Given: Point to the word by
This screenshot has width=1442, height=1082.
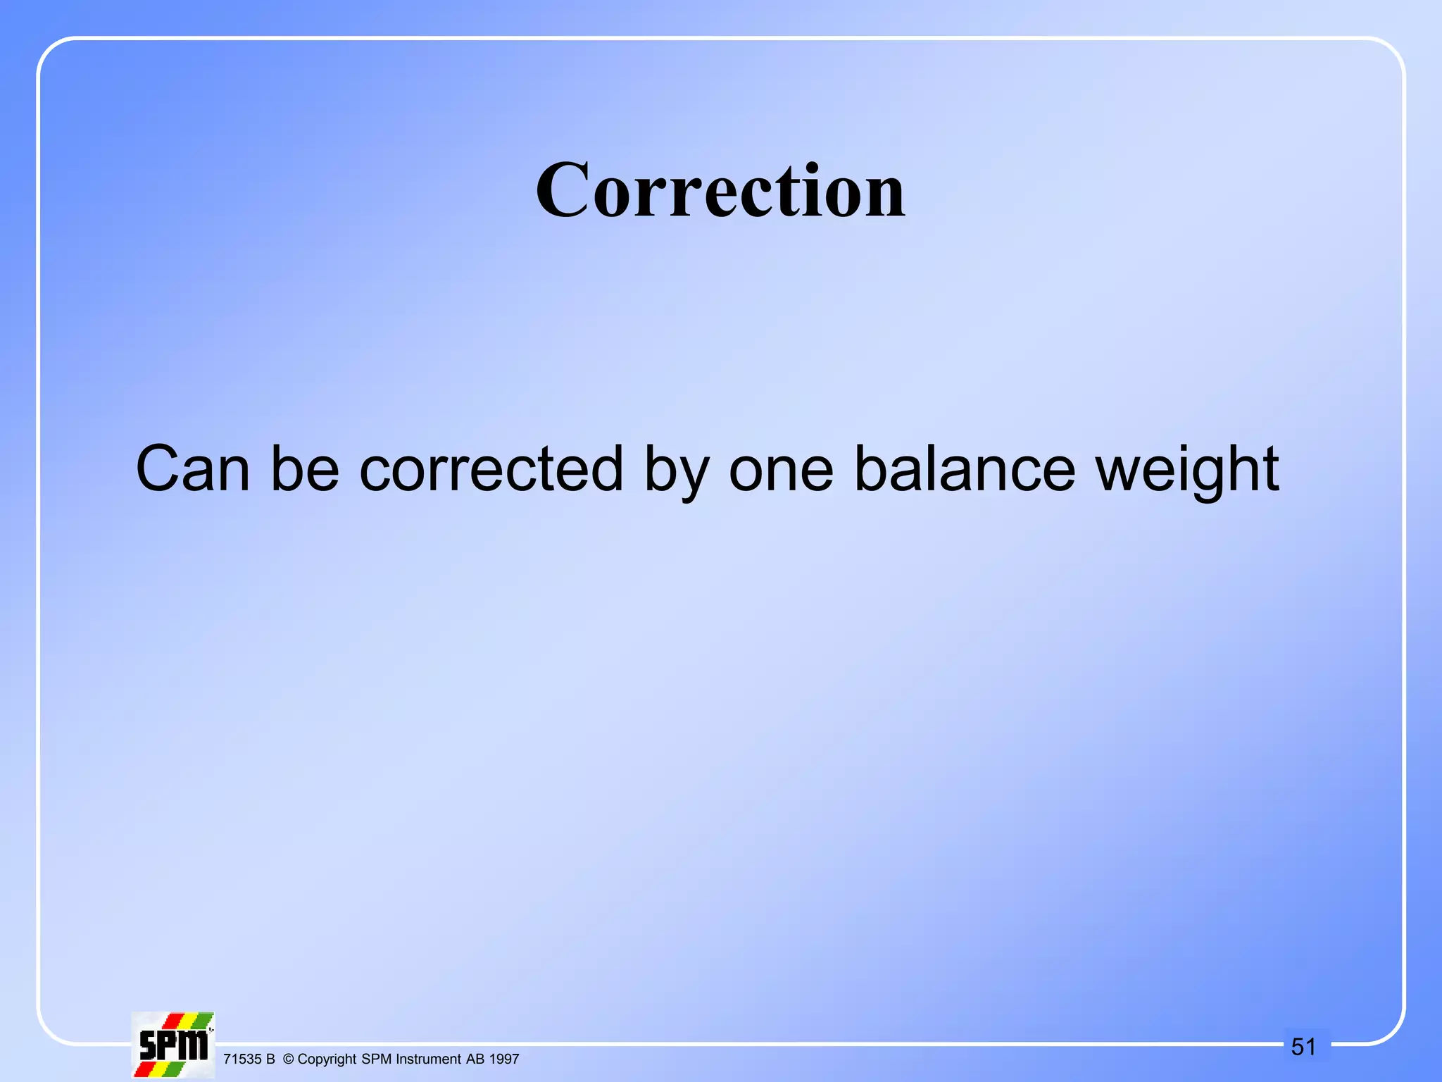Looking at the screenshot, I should (x=676, y=471).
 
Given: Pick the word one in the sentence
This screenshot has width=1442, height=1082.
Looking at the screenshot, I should (x=781, y=471).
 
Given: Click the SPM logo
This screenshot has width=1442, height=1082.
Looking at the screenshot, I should (x=173, y=1045).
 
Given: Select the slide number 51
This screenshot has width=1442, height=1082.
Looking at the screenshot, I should (x=1303, y=1047).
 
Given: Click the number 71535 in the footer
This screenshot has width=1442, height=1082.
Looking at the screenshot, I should (x=242, y=1059).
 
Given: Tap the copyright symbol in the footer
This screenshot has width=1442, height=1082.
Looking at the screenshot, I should (x=288, y=1059).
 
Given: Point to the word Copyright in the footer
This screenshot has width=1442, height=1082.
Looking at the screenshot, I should (x=327, y=1059).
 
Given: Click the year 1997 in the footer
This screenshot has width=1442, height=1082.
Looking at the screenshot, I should (x=504, y=1059).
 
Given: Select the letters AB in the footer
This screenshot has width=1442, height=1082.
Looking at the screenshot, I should (x=475, y=1059).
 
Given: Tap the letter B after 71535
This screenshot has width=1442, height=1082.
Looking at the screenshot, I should (x=270, y=1059).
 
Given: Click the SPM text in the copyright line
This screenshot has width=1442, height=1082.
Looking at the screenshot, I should (x=377, y=1059).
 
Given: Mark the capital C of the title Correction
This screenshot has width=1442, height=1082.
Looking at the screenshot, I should (x=561, y=190).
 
